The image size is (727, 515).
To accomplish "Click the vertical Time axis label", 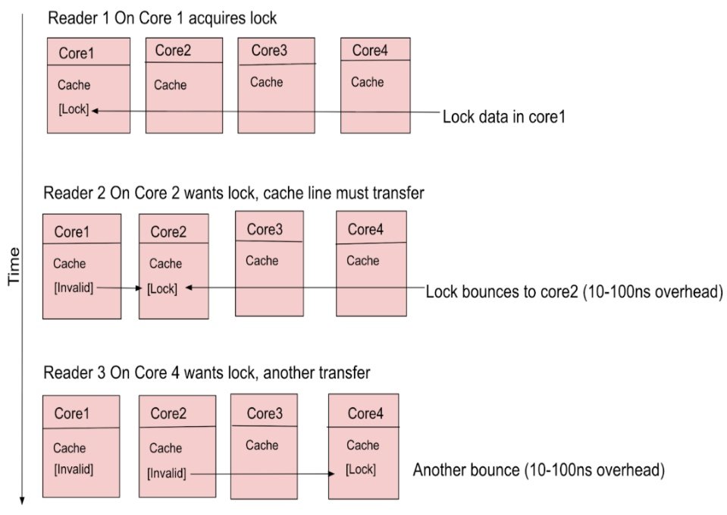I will [x=14, y=266].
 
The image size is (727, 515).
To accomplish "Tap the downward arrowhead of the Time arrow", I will [x=23, y=499].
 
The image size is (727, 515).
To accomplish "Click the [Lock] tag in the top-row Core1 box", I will [x=74, y=110].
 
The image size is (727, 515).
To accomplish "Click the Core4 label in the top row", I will [x=370, y=51].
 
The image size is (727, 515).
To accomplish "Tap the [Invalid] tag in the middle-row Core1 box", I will [x=74, y=288].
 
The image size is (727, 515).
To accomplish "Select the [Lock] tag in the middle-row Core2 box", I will [x=162, y=288].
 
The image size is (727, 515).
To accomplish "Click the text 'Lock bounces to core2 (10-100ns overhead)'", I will [x=572, y=292].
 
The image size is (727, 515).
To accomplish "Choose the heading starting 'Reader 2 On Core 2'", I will [x=233, y=193].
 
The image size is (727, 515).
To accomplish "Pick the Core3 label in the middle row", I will [x=265, y=229].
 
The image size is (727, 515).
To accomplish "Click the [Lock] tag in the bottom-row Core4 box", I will [x=361, y=470].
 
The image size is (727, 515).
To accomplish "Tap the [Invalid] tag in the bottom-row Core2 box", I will [x=167, y=473].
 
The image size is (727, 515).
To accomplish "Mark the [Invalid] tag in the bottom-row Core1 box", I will [x=74, y=469].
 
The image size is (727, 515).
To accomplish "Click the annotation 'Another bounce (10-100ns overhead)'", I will [x=538, y=471].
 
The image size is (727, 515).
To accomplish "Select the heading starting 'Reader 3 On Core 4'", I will [x=207, y=373].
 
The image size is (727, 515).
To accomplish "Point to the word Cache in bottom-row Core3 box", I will [x=262, y=445].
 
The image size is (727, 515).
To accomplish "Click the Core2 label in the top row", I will [x=174, y=51].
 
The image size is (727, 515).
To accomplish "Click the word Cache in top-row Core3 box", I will [x=266, y=82].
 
